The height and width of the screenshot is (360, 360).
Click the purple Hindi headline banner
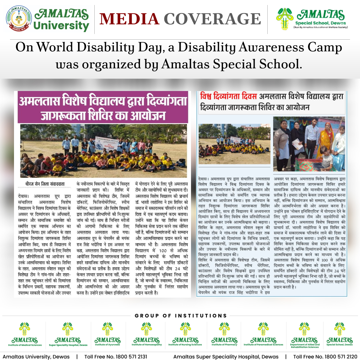[103, 107]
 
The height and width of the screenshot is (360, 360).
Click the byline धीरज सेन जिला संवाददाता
[45, 184]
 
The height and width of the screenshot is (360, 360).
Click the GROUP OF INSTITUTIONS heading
[181, 315]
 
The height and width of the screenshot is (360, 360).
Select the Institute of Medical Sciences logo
[25, 332]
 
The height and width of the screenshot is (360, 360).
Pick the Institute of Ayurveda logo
[107, 332]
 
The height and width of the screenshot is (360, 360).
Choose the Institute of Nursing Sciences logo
[185, 332]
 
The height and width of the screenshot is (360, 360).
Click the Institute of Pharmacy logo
[224, 332]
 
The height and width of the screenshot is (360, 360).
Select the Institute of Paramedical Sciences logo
[264, 332]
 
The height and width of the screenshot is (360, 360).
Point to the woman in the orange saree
[328, 140]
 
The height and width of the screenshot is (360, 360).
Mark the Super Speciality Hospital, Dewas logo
[68, 332]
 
